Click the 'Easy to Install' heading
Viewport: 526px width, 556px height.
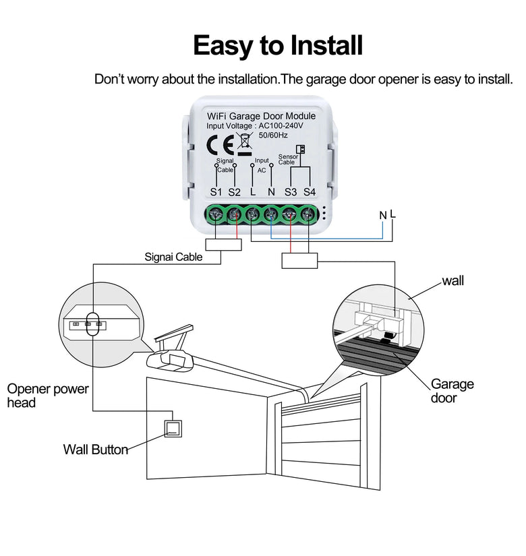(277, 45)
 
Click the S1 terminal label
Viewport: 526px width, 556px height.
(216, 192)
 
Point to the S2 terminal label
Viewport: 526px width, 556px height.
(234, 192)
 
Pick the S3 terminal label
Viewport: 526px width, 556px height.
(291, 192)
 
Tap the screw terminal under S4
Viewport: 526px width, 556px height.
(309, 215)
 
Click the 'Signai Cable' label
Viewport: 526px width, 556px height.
(174, 257)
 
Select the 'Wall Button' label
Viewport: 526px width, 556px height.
(96, 450)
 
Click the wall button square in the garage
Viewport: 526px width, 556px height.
(173, 427)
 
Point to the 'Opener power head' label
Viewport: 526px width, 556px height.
(47, 396)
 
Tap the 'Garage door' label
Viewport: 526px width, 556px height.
(452, 391)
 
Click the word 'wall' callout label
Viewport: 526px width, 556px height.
(453, 280)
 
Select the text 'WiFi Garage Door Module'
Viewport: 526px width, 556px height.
(262, 116)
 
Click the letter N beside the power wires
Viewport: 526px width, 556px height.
(383, 215)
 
